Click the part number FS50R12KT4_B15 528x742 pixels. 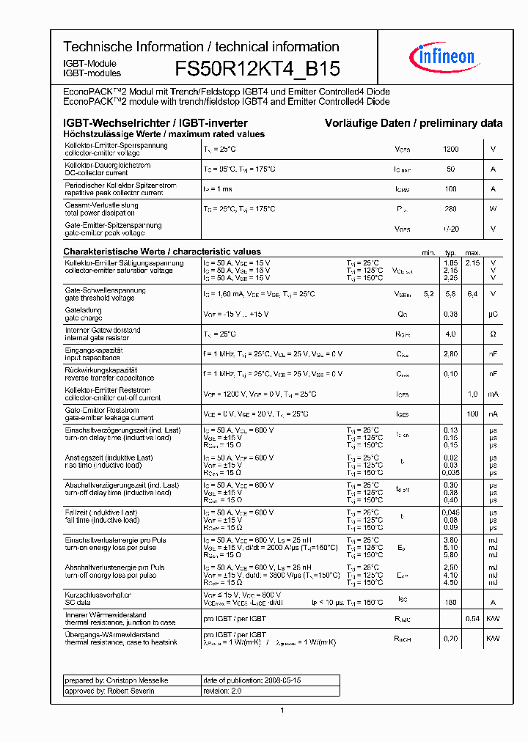(257, 69)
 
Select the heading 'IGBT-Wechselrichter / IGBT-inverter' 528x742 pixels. (155, 123)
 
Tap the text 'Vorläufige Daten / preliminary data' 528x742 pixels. (414, 123)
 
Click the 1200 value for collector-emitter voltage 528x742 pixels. (451, 150)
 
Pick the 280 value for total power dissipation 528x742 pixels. (450, 209)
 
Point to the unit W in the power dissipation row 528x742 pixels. (493, 209)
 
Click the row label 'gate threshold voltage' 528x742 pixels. (100, 298)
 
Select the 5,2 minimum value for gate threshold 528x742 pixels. (428, 294)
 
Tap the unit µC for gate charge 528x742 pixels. (493, 314)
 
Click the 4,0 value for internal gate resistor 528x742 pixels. (451, 334)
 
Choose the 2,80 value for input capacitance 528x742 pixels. (450, 354)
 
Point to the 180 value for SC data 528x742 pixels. (450, 603)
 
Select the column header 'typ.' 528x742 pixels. (450, 252)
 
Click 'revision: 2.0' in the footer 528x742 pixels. (222, 691)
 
